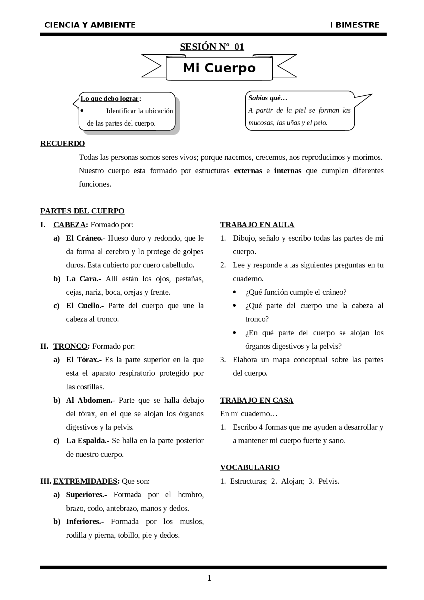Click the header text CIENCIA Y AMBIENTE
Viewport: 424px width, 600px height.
coord(90,25)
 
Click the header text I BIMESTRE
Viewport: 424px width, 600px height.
coord(354,25)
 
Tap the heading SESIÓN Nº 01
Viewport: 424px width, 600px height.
coord(212,47)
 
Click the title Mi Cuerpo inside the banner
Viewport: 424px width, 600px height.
coord(219,68)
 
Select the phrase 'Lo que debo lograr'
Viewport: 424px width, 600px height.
coord(110,98)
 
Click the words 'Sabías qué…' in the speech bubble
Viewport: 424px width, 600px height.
coord(268,98)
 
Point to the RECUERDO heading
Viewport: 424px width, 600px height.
coord(63,143)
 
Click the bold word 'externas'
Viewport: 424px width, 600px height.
coord(248,171)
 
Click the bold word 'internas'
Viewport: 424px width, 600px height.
coord(288,171)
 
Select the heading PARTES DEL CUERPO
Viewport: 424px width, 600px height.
coord(82,211)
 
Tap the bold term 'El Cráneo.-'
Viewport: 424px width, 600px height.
coord(85,238)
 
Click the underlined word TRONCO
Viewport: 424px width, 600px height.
coord(70,346)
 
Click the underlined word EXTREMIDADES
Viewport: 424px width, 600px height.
coord(85,481)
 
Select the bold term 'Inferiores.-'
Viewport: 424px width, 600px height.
coord(85,521)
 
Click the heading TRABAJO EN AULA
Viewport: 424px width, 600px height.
coord(257,225)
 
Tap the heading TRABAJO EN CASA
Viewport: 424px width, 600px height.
coord(257,400)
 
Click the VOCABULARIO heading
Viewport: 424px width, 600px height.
coord(250,467)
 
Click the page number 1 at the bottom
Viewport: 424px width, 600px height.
coord(209,578)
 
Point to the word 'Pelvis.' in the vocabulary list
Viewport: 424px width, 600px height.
coord(329,481)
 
